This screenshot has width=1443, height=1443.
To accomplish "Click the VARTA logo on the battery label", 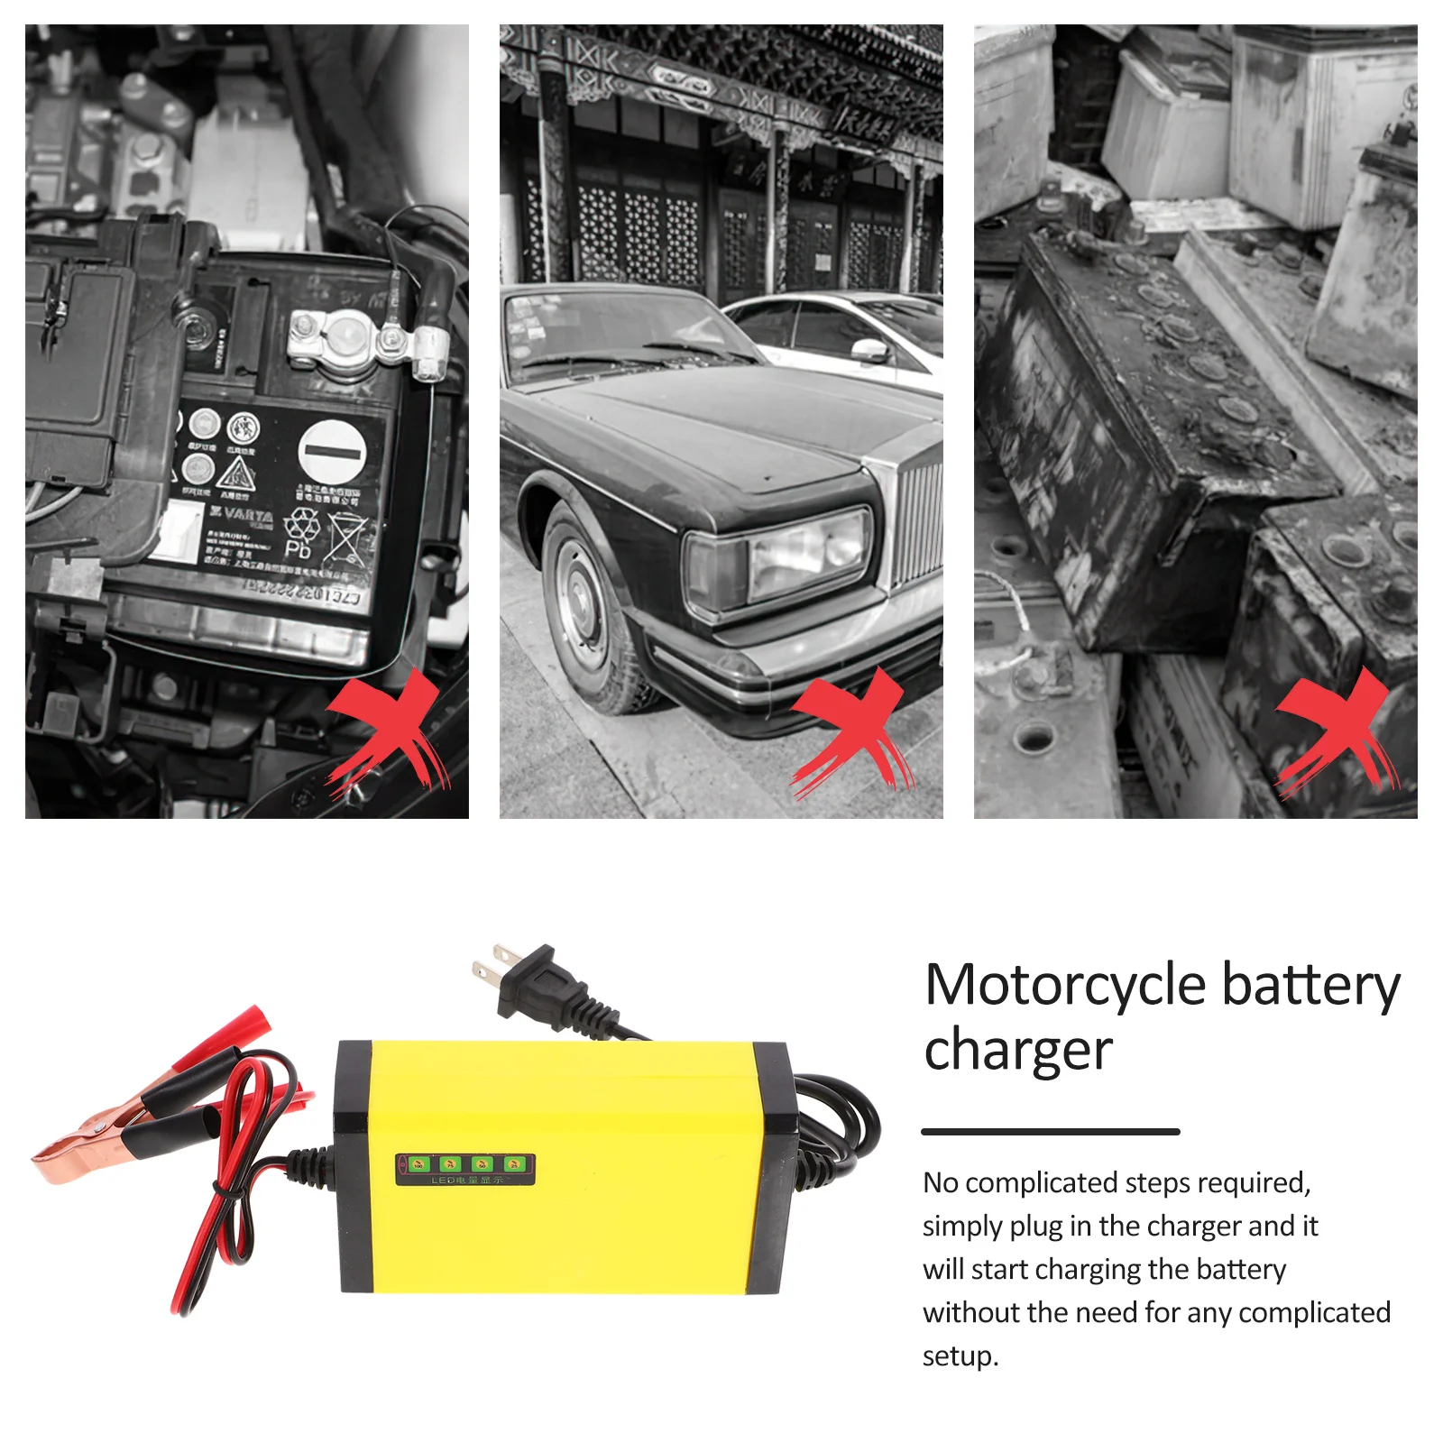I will click(x=241, y=515).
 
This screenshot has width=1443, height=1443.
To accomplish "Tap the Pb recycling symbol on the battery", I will click(x=300, y=533).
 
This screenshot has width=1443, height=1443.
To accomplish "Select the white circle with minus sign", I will click(x=332, y=451).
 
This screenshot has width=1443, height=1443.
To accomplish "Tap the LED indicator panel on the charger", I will click(x=465, y=1169).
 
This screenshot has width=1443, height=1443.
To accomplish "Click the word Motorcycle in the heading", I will click(x=1065, y=985).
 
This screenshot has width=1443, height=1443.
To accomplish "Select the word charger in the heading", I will click(x=1018, y=1051).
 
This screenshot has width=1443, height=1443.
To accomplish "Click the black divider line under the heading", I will click(x=1050, y=1131).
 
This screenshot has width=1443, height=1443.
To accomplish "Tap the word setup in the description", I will click(x=959, y=1356).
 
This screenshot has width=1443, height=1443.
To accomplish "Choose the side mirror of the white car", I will click(x=870, y=349).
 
